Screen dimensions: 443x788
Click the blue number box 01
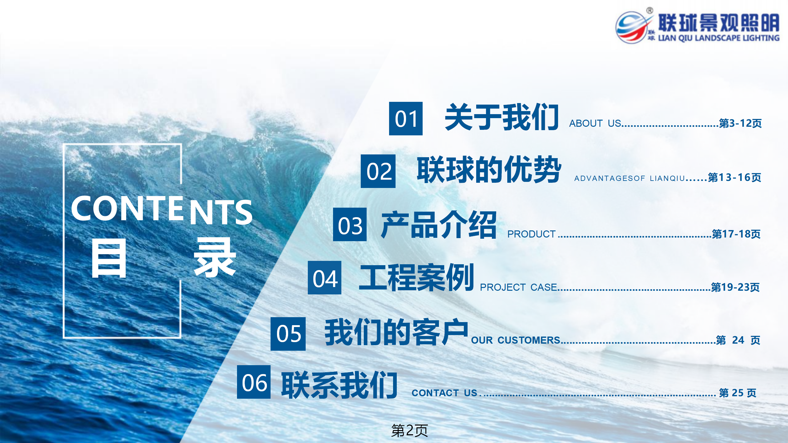click(x=406, y=118)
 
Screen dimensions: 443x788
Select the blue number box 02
click(x=378, y=171)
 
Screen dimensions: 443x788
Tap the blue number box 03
click(x=350, y=224)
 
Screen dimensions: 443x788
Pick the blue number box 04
click(x=324, y=277)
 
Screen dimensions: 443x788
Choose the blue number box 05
click(x=288, y=334)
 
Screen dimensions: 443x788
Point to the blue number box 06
click(x=254, y=382)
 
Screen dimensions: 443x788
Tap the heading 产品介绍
click(x=439, y=225)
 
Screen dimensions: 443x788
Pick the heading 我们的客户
click(x=396, y=332)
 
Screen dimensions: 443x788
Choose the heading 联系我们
click(x=339, y=385)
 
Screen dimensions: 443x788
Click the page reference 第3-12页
click(x=740, y=123)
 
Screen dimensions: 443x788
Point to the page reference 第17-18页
click(x=736, y=234)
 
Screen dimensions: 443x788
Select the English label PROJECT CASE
click(x=518, y=287)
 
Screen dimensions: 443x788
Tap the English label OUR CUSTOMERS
click(x=516, y=340)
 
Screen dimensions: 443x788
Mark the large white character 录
click(x=215, y=258)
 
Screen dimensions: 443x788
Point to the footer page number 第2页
click(x=409, y=430)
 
